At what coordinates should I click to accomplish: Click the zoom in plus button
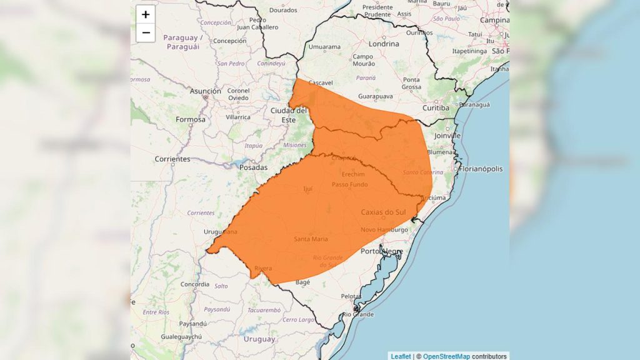point(146,14)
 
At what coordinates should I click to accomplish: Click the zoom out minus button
point(146,32)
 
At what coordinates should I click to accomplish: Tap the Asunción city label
point(206,91)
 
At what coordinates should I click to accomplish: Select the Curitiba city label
point(435,108)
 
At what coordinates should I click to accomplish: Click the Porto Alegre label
point(383,251)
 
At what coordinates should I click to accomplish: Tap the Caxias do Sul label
point(383,212)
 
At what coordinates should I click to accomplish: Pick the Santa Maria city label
point(311,239)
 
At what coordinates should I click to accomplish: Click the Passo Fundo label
point(349,184)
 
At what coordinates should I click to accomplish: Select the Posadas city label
point(253,167)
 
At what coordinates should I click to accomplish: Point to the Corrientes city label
point(172,159)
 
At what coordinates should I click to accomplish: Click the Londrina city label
point(383,44)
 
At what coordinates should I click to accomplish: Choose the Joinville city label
point(447,135)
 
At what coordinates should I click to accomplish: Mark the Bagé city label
point(303,282)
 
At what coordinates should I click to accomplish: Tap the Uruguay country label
point(259,339)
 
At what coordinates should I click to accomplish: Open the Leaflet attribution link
point(401,356)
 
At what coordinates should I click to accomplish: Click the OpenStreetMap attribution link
point(446,356)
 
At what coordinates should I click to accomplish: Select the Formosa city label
point(191,119)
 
